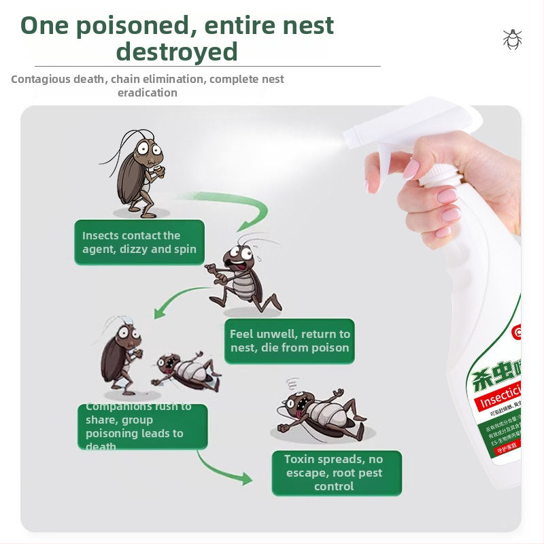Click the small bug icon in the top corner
pos(512,39)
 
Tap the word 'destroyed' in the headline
pos(177,52)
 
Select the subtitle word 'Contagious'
pos(41,79)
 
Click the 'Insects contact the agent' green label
pos(139,242)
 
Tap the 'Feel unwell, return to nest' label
pos(290,341)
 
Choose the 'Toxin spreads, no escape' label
pos(334,473)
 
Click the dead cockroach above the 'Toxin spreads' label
pos(320,411)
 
